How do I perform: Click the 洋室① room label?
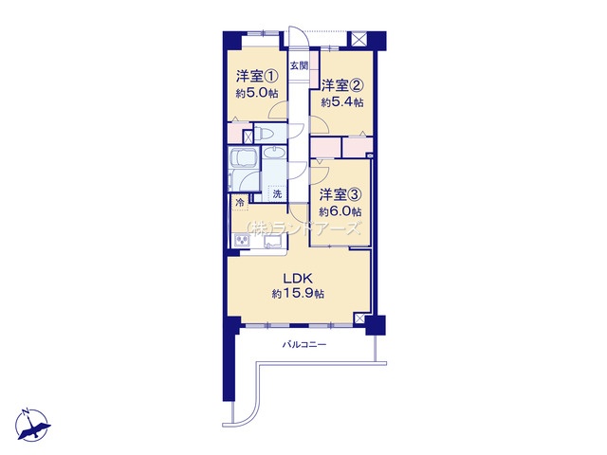257,76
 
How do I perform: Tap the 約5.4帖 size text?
341,102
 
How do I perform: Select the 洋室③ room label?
340,195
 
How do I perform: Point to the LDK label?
298,278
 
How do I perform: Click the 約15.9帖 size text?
298,294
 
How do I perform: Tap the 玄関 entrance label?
299,65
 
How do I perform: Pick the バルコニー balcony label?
303,344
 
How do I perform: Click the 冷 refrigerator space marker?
240,202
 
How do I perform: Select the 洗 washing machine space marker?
277,193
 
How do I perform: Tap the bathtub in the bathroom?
243,161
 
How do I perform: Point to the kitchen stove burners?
243,241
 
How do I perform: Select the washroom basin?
274,152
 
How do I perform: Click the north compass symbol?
32,425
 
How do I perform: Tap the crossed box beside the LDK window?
359,318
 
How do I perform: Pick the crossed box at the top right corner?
359,39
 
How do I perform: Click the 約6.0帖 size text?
340,211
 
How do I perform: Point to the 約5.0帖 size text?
257,93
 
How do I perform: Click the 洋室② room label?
341,85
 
